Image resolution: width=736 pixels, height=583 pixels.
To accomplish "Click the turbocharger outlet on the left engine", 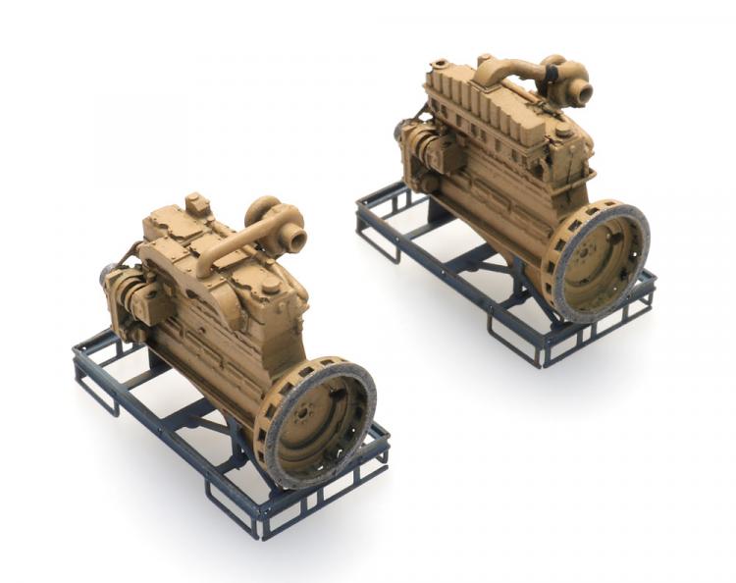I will [x=294, y=238].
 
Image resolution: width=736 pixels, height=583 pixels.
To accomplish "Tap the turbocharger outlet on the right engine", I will [x=582, y=93].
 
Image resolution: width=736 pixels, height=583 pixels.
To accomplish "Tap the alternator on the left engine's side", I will [x=126, y=294].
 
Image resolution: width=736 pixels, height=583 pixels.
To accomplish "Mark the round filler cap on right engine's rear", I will [x=563, y=131].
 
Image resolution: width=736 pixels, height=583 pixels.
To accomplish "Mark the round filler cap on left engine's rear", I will [x=270, y=286].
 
